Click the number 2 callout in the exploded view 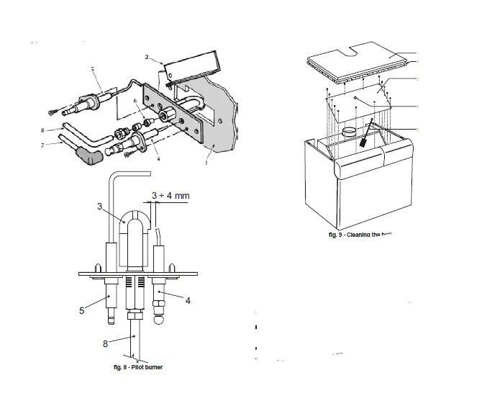[x=147, y=56]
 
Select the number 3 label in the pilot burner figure [x=100, y=207]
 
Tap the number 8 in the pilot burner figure [x=106, y=343]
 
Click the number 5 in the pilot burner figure [x=81, y=311]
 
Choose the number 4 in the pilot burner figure [x=188, y=299]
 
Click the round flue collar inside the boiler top [x=350, y=132]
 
